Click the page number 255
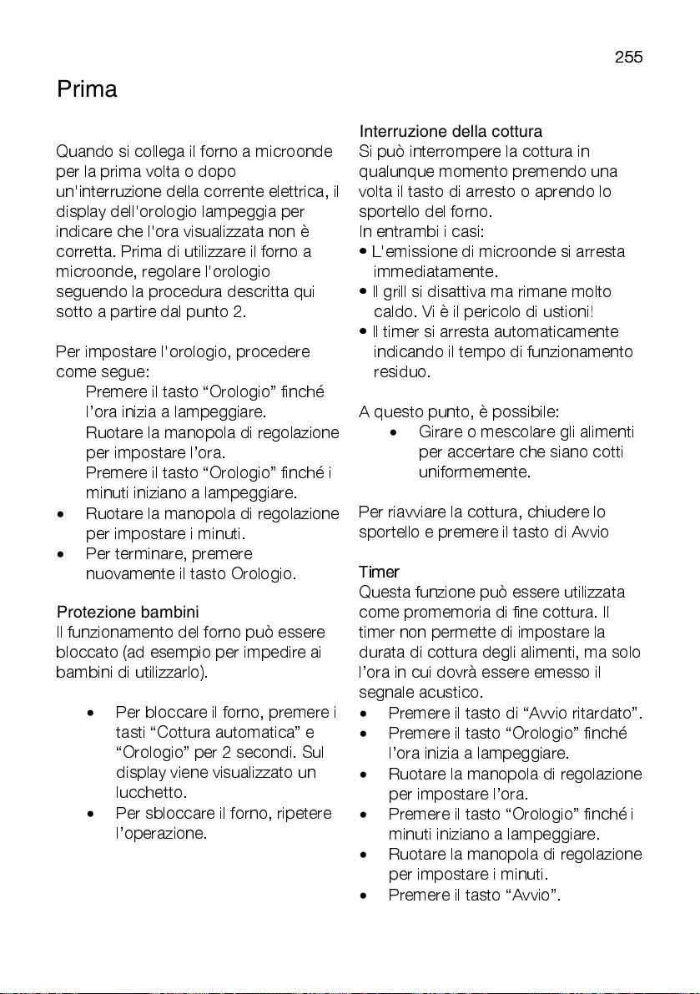[x=628, y=58]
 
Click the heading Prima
[x=87, y=89]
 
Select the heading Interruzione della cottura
[x=451, y=132]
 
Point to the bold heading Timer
[x=379, y=573]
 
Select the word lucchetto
[x=151, y=792]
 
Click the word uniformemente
[x=475, y=472]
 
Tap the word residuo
[x=401, y=371]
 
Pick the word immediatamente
[x=436, y=271]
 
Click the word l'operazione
[x=160, y=833]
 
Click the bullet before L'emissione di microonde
[x=364, y=252]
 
